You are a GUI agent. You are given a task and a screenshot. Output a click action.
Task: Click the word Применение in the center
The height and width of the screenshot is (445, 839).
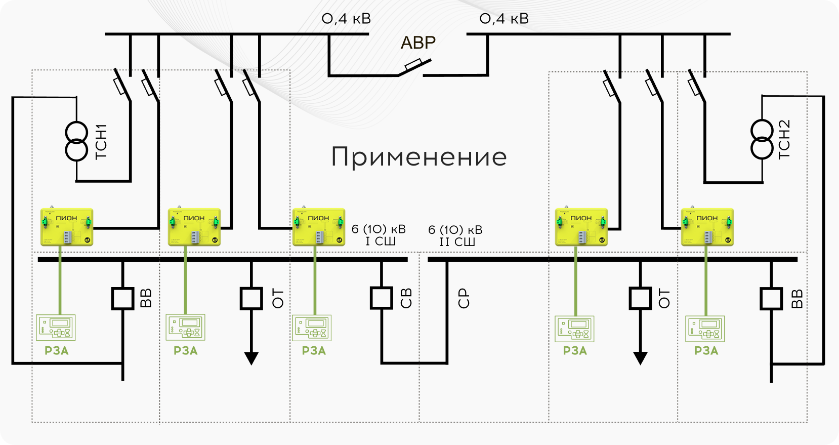click(x=418, y=157)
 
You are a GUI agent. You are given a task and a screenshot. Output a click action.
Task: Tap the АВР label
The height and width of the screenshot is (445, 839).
click(x=418, y=43)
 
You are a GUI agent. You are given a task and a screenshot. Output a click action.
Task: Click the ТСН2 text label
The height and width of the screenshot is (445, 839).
click(x=783, y=140)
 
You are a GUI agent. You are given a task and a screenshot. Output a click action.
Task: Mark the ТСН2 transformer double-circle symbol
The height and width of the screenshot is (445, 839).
click(x=762, y=139)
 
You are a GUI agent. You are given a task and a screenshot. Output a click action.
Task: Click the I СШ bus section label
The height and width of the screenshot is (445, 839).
click(x=381, y=241)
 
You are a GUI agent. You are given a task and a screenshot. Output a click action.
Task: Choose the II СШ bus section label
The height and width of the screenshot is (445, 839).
click(x=457, y=242)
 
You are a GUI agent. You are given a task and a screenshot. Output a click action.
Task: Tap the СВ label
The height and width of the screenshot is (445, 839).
click(x=406, y=298)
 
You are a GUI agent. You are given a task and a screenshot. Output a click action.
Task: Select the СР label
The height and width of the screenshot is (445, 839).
click(x=464, y=298)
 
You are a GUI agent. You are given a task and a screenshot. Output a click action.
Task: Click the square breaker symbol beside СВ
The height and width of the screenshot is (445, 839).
click(x=382, y=298)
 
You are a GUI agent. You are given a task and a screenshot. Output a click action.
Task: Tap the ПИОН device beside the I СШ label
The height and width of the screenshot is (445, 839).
click(x=319, y=227)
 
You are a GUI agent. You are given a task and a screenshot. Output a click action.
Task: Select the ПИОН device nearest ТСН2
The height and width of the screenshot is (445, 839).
click(x=707, y=227)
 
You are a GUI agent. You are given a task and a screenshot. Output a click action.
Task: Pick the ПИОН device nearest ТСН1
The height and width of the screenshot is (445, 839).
click(x=67, y=227)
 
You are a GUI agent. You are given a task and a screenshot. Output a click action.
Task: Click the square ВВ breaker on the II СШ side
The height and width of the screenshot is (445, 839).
click(x=771, y=299)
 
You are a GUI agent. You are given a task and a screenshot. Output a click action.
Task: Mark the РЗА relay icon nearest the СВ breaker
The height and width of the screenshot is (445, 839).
click(x=312, y=328)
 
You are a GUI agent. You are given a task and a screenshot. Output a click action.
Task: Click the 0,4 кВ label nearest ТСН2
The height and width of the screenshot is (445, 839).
click(x=504, y=19)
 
